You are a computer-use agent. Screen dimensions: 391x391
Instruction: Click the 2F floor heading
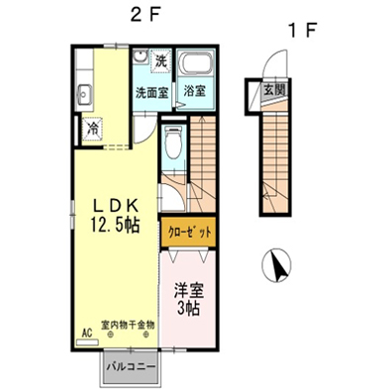pyautogui.click(x=145, y=15)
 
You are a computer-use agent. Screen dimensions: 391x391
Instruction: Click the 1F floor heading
pyautogui.click(x=302, y=30)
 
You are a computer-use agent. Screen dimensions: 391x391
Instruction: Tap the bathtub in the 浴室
pyautogui.click(x=196, y=63)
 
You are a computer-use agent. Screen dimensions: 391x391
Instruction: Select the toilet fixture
pyautogui.click(x=173, y=142)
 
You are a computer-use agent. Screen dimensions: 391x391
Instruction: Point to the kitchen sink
pyautogui.click(x=85, y=94)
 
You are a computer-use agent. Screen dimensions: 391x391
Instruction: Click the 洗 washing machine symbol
pyautogui.click(x=160, y=60)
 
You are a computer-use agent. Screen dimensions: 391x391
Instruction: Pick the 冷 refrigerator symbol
pyautogui.click(x=93, y=129)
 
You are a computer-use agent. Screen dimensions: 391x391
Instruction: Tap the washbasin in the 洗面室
pyautogui.click(x=141, y=56)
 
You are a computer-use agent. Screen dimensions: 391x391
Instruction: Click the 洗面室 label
pyautogui.click(x=152, y=92)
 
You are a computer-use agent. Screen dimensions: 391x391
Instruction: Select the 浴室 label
pyautogui.click(x=195, y=91)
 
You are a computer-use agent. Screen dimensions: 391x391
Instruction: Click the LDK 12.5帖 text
pyautogui.click(x=115, y=217)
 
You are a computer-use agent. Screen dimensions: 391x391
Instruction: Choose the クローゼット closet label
pyautogui.click(x=189, y=233)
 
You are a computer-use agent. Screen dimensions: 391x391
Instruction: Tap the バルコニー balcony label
pyautogui.click(x=131, y=367)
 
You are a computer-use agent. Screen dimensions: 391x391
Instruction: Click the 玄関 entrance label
pyautogui.click(x=274, y=89)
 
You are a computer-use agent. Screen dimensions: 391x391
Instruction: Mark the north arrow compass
pyautogui.click(x=276, y=264)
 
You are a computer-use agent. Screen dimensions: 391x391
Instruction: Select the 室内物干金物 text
pyautogui.click(x=128, y=325)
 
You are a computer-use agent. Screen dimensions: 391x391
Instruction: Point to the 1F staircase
pyautogui.click(x=276, y=162)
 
